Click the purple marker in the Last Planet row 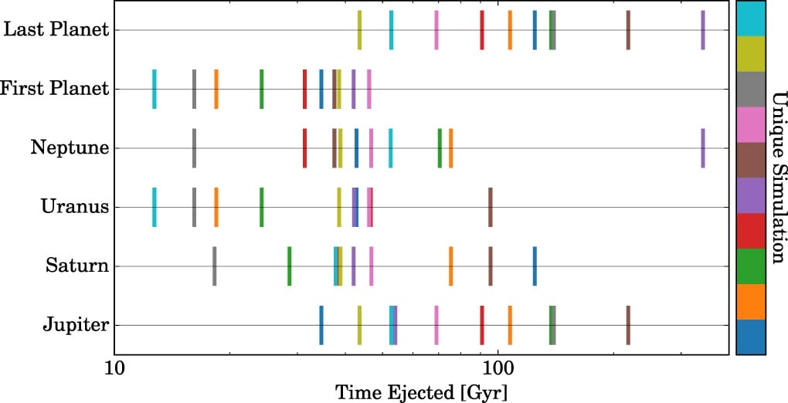coord(702,30)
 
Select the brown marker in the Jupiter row coord(628,325)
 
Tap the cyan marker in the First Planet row coord(155,89)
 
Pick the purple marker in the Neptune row coord(702,147)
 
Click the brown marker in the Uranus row coord(490,207)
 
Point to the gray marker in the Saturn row coord(214,266)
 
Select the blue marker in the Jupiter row coord(321,325)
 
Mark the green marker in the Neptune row coord(440,147)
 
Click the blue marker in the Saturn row coord(534,266)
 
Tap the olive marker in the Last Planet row coord(359,30)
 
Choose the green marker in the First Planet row coord(261,89)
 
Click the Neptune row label coord(69,147)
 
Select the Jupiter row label coord(76,325)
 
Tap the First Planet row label coord(55,89)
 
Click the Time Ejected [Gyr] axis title coord(421,391)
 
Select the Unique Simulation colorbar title coord(777,178)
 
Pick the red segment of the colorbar coord(750,230)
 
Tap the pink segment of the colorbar coord(750,124)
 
